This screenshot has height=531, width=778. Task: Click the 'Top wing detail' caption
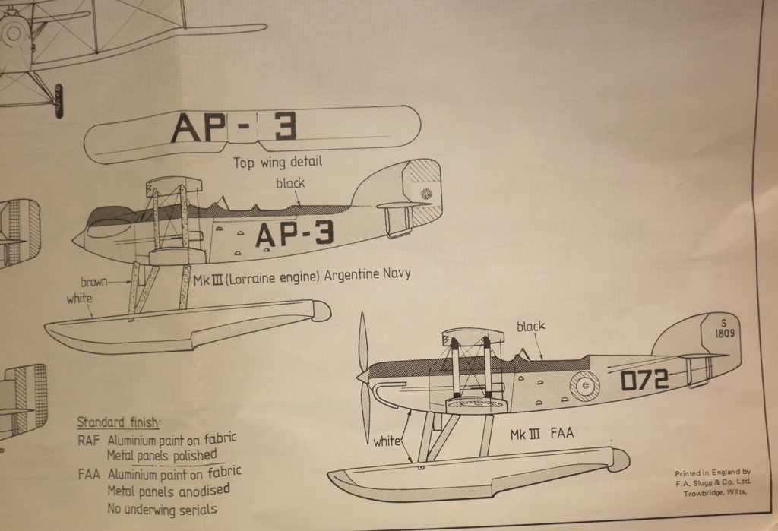point(277,163)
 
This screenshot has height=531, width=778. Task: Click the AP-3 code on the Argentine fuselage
point(294,235)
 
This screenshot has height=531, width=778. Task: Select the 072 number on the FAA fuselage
point(644,378)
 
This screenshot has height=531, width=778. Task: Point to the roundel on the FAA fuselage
point(585,387)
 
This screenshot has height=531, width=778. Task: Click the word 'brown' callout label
point(94,281)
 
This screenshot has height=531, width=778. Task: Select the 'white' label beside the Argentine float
point(79,299)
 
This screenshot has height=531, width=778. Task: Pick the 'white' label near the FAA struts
point(387,441)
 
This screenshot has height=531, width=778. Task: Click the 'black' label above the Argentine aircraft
point(289,183)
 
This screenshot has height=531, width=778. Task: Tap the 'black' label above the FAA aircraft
point(531,327)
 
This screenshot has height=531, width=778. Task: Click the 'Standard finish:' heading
point(119,422)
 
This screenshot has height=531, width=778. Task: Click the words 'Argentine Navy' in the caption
point(367,274)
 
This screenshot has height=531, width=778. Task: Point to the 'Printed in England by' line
point(712,473)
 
